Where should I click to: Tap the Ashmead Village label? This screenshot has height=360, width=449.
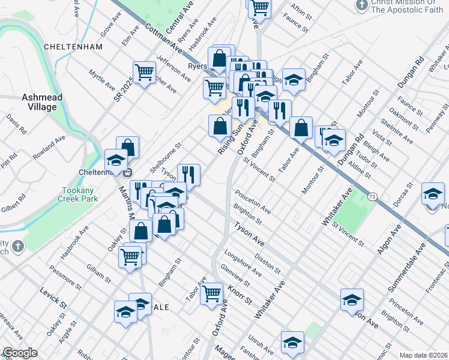click(x=40, y=102)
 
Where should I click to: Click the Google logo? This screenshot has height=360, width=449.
click(x=20, y=353)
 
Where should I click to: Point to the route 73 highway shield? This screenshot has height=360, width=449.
click(x=373, y=196)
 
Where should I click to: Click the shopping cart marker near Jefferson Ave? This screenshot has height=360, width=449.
click(x=145, y=73)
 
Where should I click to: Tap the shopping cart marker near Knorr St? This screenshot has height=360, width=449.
click(x=211, y=294)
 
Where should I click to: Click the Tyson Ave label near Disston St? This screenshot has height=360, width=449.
click(x=249, y=234)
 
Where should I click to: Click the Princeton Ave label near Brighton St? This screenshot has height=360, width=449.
click(x=253, y=202)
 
